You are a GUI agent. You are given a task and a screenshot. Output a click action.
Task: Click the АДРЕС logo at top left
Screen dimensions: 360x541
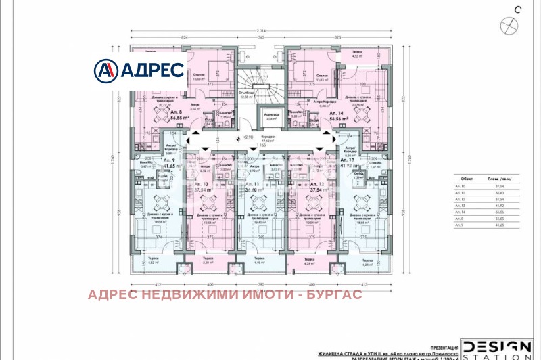[140, 70]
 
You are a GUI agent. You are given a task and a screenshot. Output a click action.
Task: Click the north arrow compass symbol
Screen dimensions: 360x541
[507, 25]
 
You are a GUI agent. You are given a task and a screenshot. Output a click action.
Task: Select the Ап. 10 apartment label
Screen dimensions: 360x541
[201, 187]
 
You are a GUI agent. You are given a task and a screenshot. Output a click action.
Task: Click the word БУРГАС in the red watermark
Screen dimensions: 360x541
[334, 294]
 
